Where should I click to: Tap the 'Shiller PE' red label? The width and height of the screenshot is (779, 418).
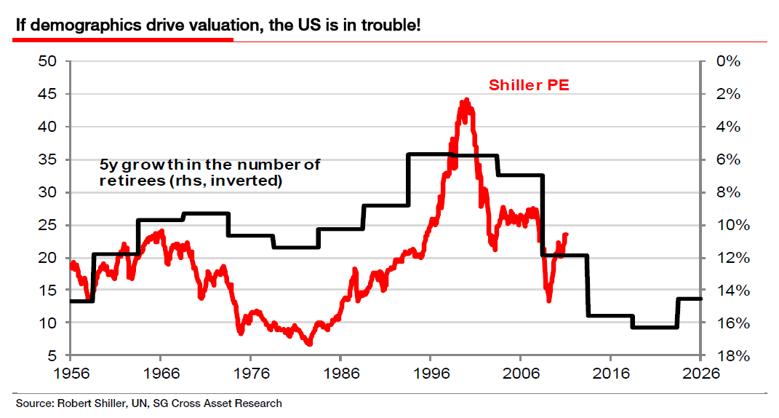[529, 85]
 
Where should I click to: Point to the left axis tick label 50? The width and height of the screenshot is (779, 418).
[48, 61]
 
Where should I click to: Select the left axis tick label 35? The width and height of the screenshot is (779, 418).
[48, 159]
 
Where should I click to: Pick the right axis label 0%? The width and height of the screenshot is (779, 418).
[727, 61]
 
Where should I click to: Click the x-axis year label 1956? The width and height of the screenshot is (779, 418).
[70, 374]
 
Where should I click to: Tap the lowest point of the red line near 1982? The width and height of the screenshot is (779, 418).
[309, 343]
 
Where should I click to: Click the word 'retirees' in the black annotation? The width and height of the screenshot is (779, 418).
[129, 181]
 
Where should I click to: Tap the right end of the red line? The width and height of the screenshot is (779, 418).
[567, 234]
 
